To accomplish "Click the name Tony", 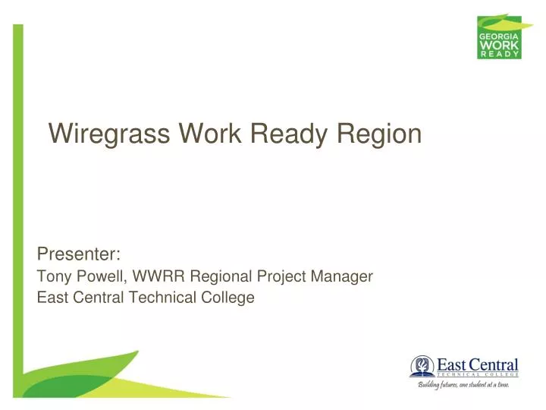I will pos(53,277).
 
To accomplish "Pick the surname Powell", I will pos(99,277).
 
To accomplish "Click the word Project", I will pos(279,277).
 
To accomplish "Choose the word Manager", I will pos(342,277).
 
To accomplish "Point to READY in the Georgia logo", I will pos(498,55).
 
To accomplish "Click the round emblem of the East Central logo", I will pos(422,367).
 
